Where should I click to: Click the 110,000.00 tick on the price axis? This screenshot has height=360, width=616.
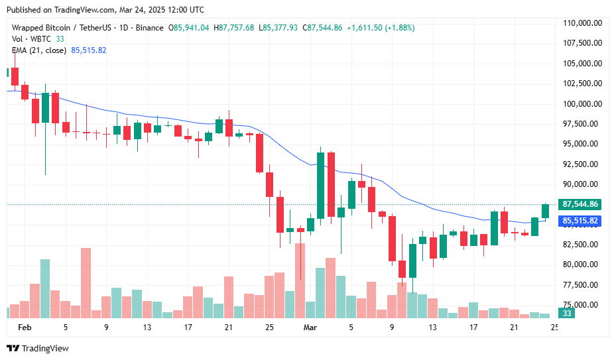coord(582,23)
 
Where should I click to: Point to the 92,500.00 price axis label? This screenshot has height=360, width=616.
coord(582,164)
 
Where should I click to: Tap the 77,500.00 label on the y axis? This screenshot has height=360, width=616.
coord(582,285)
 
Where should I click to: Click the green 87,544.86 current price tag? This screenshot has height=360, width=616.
coord(580,204)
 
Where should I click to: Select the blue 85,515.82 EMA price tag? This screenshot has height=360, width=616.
coord(580,221)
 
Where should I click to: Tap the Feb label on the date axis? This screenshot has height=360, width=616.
coord(25,328)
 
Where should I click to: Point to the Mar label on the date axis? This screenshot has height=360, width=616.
coord(310,328)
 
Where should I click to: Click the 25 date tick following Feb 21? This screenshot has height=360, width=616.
coord(269,328)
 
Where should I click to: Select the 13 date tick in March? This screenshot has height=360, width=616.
coord(433,328)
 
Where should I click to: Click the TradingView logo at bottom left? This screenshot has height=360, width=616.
coord(38,349)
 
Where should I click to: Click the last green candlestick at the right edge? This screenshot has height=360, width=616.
coord(546,211)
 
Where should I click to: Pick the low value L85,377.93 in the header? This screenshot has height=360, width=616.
coord(279,28)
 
